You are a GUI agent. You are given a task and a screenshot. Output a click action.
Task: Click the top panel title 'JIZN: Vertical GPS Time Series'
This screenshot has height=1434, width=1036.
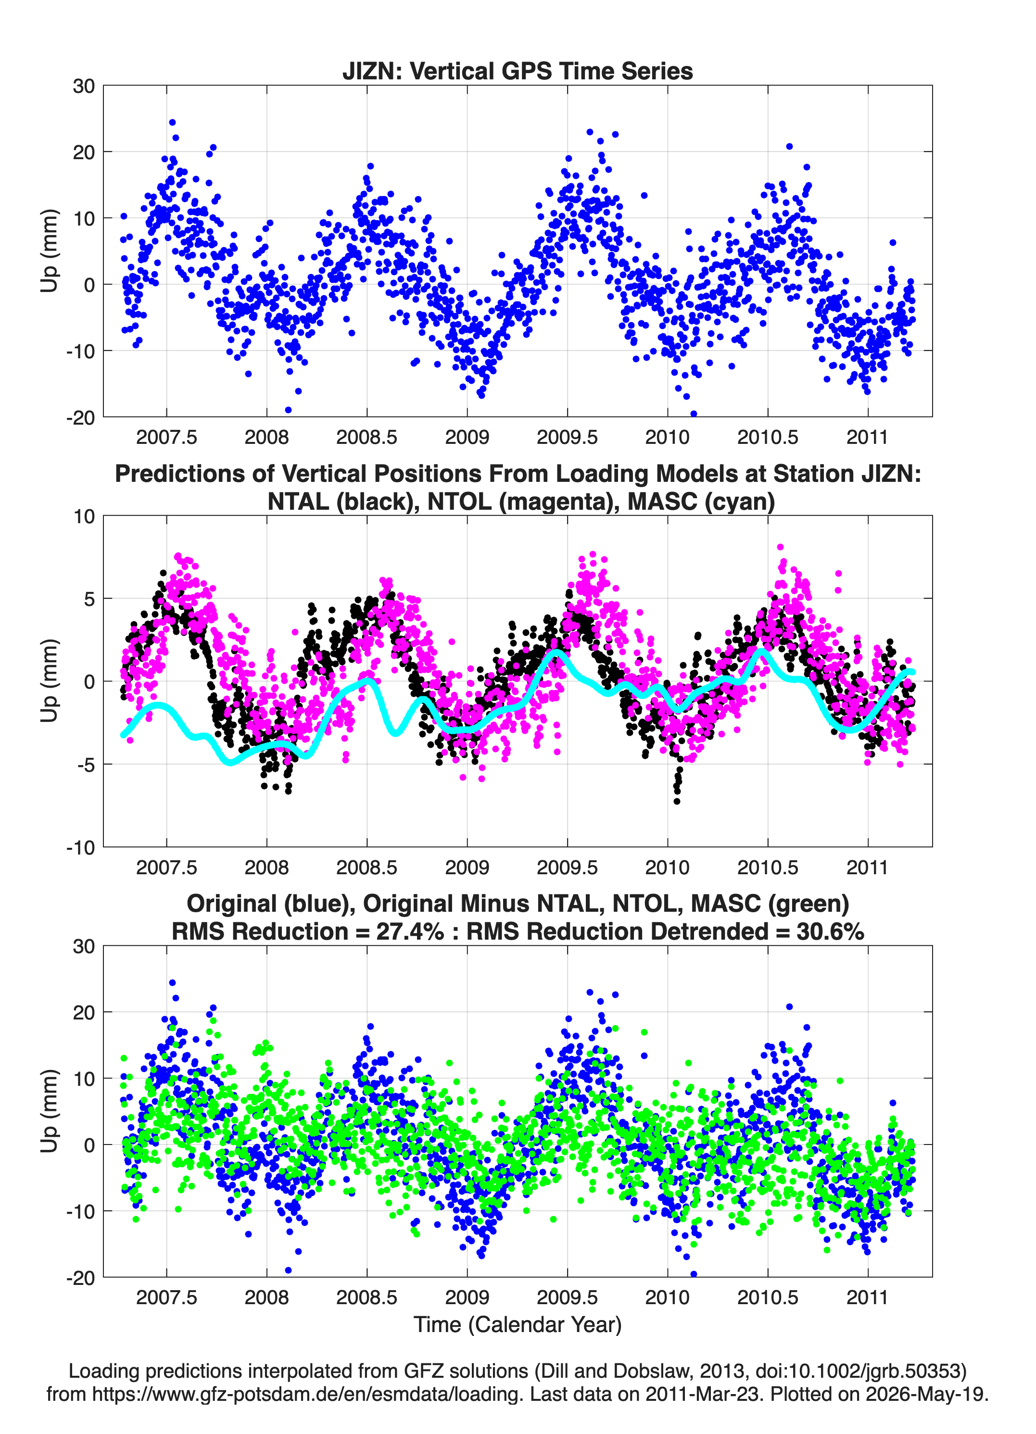(x=518, y=71)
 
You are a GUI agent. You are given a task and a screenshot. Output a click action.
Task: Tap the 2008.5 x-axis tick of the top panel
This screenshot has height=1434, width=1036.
(x=367, y=437)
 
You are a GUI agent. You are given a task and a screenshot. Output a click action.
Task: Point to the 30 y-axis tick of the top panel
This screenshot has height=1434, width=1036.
(x=84, y=86)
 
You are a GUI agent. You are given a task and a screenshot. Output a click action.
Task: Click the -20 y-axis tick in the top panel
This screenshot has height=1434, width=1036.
(x=81, y=417)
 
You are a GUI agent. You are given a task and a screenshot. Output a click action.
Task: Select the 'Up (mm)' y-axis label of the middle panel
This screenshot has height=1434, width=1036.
(x=50, y=681)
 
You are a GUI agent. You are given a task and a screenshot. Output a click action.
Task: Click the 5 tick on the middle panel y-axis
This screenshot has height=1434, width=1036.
(x=89, y=599)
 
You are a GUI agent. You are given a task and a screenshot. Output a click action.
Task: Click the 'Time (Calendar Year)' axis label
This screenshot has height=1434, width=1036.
(x=518, y=1324)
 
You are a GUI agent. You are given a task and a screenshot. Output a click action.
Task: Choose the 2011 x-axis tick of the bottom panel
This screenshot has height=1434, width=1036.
(x=868, y=1297)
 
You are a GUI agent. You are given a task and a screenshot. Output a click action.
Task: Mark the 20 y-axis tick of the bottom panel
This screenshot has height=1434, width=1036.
(x=84, y=1012)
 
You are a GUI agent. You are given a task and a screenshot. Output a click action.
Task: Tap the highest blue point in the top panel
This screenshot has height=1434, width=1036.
(x=172, y=123)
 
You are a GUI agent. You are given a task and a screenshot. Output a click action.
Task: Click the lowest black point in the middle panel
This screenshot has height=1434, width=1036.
(x=677, y=801)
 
